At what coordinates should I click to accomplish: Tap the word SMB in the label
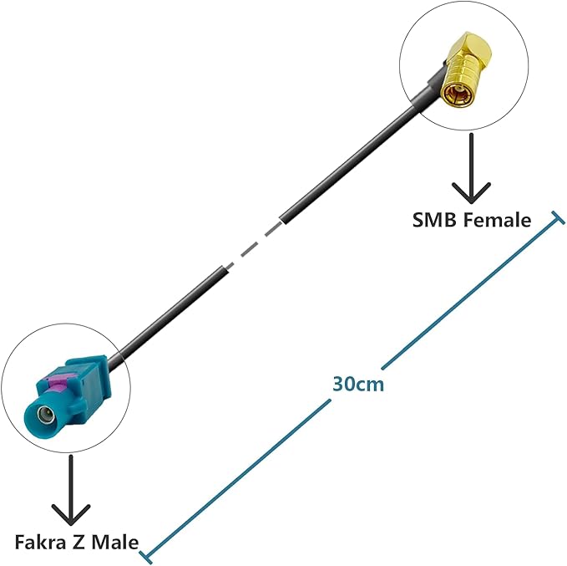pos(432,220)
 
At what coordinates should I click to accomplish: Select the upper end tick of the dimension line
pos(553,219)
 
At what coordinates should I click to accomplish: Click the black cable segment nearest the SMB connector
pos(359,159)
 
